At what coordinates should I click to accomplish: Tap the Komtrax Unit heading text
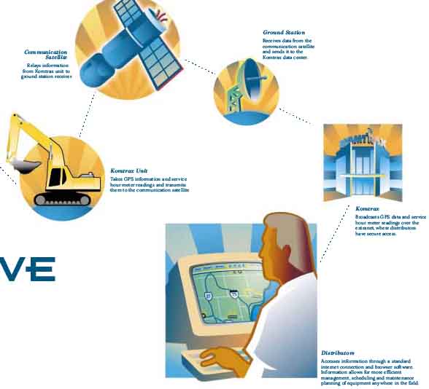(x=129, y=170)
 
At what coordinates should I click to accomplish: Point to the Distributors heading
(x=338, y=353)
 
